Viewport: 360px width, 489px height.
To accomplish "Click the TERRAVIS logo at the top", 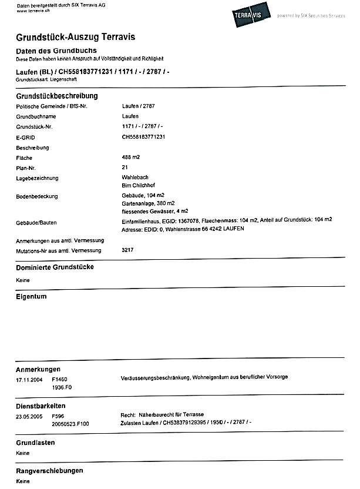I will pyautogui.click(x=251, y=11).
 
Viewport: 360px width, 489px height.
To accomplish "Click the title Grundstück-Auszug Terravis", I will pyautogui.click(x=75, y=38).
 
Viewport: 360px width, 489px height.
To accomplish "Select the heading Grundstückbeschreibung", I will pyautogui.click(x=56, y=96).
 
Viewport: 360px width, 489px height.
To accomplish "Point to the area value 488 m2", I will pyautogui.click(x=131, y=158).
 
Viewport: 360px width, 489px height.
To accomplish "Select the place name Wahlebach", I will pyautogui.click(x=134, y=177).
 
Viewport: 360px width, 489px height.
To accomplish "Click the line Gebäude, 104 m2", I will pyautogui.click(x=143, y=196).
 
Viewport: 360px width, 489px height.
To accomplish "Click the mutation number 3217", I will pyautogui.click(x=127, y=250).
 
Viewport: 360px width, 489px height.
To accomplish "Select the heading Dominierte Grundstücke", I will pyautogui.click(x=55, y=267).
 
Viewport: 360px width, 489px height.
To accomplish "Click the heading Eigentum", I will pyautogui.click(x=31, y=297).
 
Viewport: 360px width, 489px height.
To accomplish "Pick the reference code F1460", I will pyautogui.click(x=60, y=379).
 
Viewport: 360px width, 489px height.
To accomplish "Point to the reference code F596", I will pyautogui.click(x=58, y=415).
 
